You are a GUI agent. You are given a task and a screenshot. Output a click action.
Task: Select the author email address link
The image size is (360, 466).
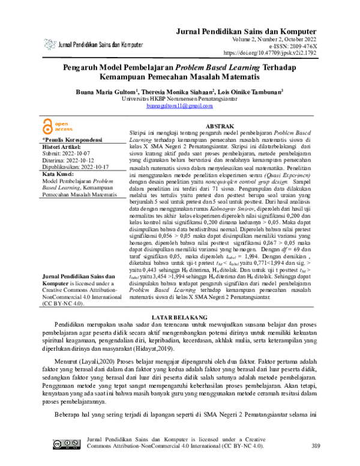pos(179,106)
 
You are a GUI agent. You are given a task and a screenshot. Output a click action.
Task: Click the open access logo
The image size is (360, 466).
pos(58,126)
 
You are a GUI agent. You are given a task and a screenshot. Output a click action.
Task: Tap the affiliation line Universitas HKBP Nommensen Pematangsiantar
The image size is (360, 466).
pos(179,99)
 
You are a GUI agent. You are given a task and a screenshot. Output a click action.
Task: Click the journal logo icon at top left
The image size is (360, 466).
pos(50,44)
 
